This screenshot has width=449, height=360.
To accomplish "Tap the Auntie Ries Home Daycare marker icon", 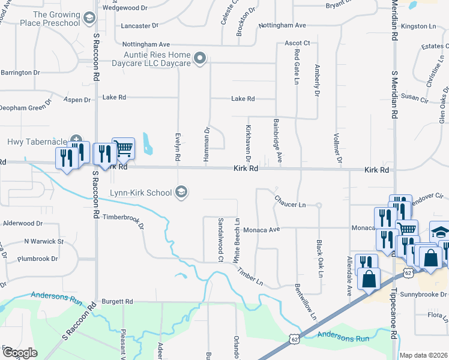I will tap(200, 59).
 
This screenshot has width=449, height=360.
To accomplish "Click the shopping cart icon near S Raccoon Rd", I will tap(123, 148).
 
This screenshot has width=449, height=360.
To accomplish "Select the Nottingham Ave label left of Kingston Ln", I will tap(283, 26).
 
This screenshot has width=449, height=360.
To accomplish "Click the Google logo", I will tap(20, 353).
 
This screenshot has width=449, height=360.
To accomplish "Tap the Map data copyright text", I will tap(423, 355).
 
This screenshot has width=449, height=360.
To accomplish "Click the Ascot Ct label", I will tap(297, 43).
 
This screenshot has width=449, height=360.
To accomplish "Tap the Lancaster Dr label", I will tap(139, 26).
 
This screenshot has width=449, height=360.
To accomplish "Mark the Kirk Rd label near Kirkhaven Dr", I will tap(246, 169).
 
